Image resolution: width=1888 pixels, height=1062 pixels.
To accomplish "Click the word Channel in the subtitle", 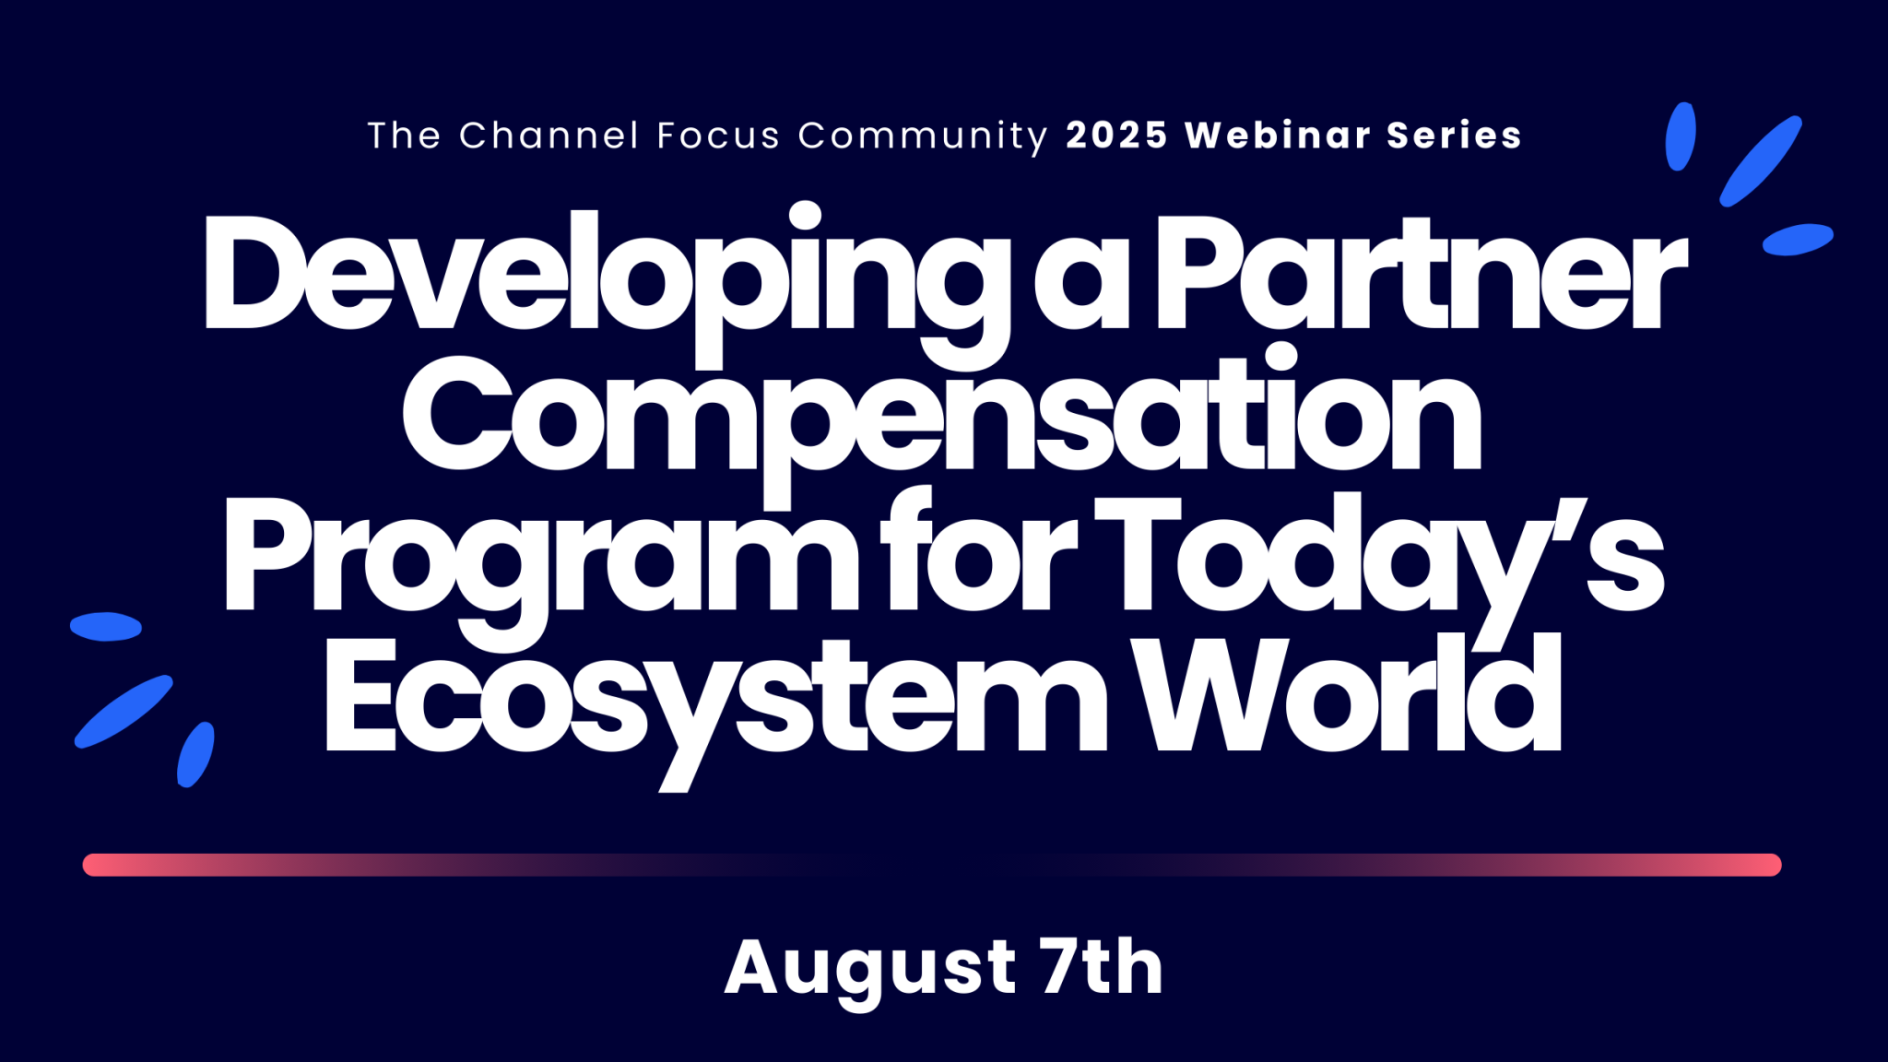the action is [549, 136].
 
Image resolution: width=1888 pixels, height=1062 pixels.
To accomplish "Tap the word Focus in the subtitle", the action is [718, 136].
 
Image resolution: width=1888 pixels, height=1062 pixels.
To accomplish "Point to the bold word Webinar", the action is [1278, 136].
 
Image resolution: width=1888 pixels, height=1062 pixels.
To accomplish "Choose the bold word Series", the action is [1454, 136].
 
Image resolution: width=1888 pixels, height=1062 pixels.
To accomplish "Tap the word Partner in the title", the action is [1422, 274].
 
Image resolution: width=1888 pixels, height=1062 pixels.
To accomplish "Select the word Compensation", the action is [942, 419].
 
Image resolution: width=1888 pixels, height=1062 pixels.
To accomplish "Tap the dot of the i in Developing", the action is [805, 215].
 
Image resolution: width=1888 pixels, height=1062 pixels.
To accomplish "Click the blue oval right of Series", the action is [1680, 136].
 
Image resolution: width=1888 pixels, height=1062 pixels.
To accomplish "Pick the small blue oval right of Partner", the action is [1798, 240].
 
